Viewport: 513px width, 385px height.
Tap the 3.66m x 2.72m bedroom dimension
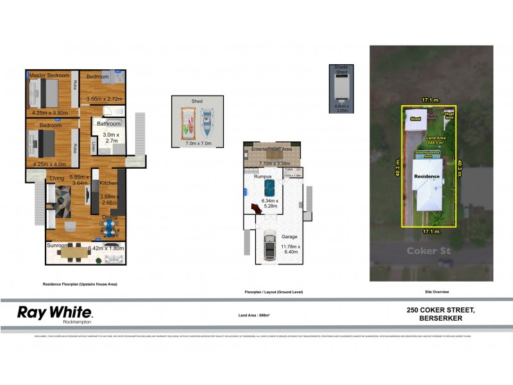click(x=105, y=99)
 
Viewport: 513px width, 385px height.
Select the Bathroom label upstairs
click(x=108, y=123)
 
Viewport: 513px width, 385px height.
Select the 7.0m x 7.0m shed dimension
click(x=197, y=143)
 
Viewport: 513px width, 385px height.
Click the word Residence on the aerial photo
click(x=426, y=175)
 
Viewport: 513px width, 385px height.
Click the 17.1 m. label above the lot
click(x=430, y=100)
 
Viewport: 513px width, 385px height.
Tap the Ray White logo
click(x=55, y=314)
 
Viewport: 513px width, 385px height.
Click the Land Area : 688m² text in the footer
click(x=253, y=316)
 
